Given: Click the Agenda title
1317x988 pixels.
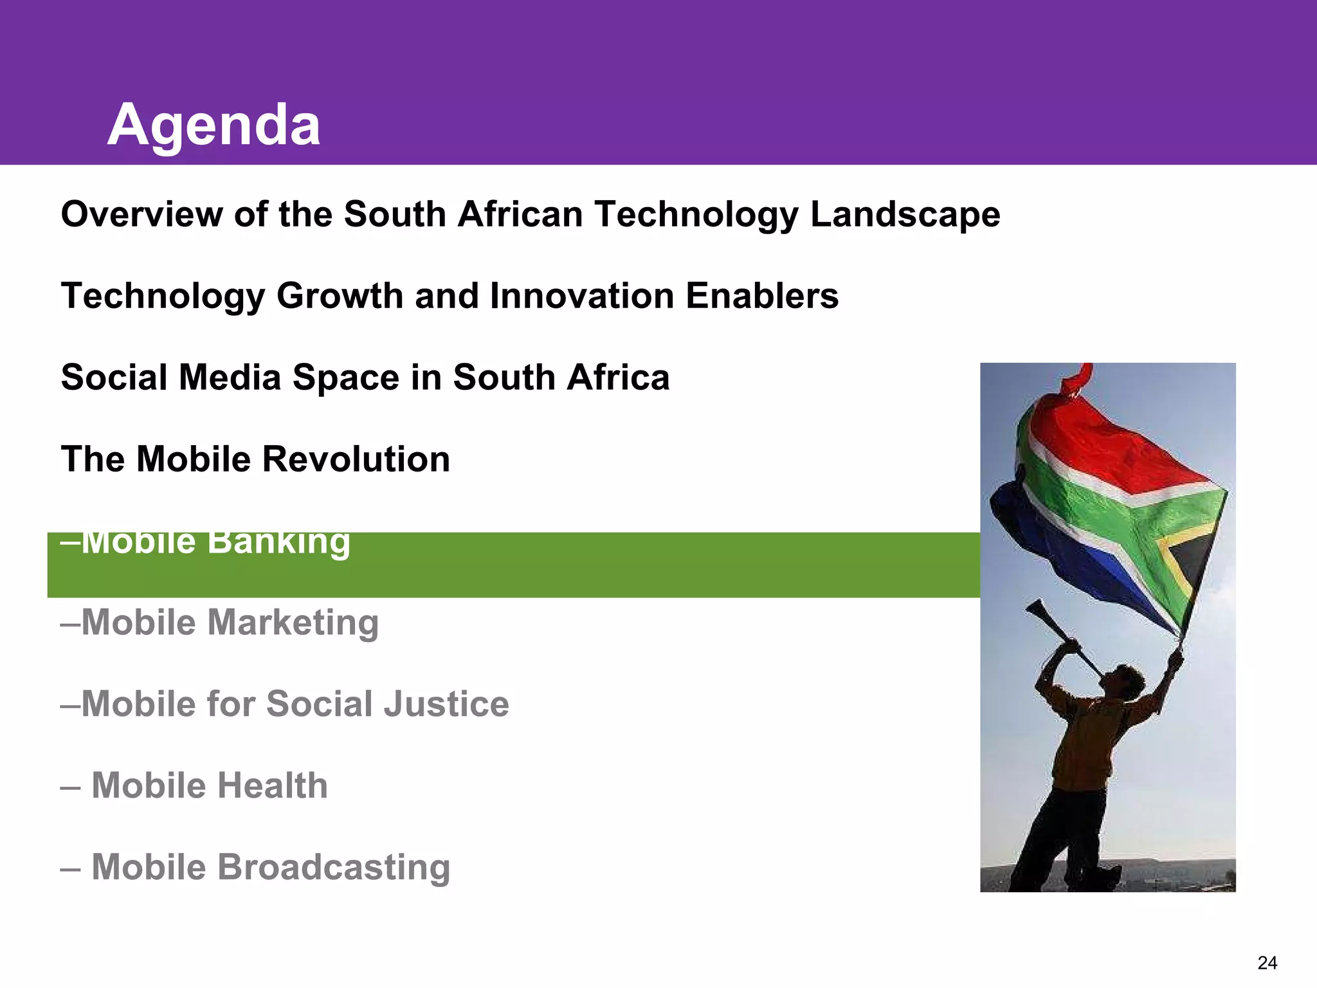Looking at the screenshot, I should (213, 125).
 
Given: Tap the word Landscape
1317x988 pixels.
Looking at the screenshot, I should (905, 215).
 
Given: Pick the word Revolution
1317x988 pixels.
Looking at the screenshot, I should (356, 459).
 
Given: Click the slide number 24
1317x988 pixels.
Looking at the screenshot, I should (1267, 963).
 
